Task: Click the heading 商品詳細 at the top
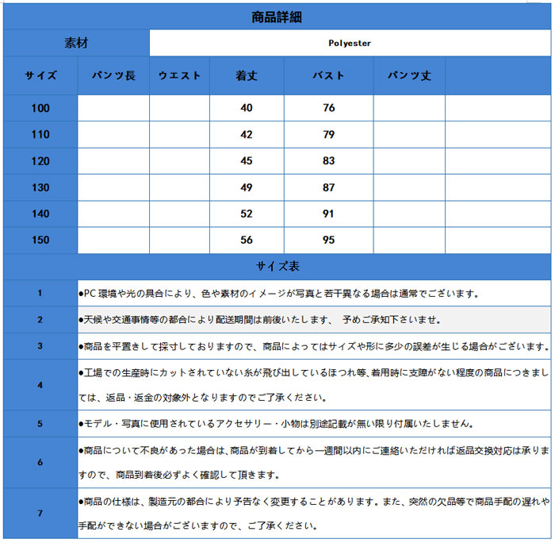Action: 276,17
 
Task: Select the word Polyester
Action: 350,44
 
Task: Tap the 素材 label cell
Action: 76,44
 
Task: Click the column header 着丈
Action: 247,76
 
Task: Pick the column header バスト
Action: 329,76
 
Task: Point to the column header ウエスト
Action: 179,76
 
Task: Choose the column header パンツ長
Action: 113,76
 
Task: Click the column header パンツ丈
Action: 409,76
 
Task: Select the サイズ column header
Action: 40,76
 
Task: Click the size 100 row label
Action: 40,108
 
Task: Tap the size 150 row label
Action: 40,240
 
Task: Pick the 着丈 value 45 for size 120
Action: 247,161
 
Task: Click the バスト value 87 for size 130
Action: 329,187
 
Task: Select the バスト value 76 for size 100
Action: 329,108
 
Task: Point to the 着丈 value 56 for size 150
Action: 247,240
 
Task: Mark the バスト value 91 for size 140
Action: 329,214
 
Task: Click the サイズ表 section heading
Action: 277,267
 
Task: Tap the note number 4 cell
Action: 40,385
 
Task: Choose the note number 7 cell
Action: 40,513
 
